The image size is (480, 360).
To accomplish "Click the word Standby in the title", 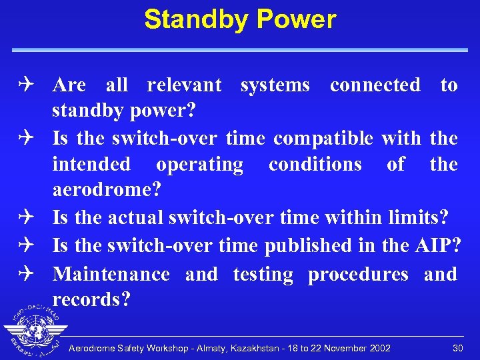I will (x=194, y=20).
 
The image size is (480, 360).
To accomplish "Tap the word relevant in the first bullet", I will (x=184, y=85).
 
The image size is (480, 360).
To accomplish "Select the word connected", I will (x=375, y=85).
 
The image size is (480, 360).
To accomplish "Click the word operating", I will (x=199, y=165).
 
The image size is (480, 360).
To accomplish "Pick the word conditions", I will (x=315, y=165).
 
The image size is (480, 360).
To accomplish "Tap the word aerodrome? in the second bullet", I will (x=107, y=191).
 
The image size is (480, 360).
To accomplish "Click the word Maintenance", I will (x=111, y=275).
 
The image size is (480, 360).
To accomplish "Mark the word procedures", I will (x=358, y=275).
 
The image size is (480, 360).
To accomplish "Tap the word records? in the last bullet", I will (x=90, y=301).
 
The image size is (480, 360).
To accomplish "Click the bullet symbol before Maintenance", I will (x=34, y=275).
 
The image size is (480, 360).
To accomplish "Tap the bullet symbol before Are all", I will (x=34, y=85).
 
